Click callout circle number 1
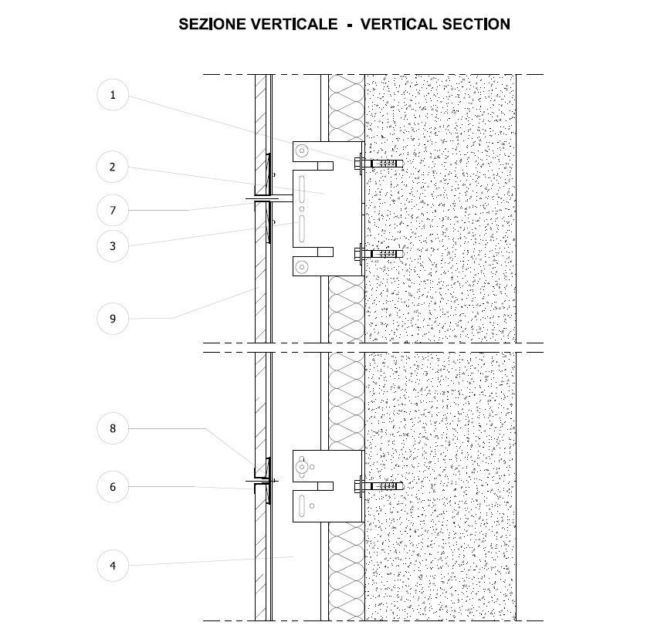113,95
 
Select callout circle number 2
113,167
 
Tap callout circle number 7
113,210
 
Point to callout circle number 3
113,246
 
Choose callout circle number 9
113,318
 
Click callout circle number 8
113,428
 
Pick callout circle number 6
113,486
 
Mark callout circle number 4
113,566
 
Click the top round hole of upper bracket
302,150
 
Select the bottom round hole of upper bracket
302,267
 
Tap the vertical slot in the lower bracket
301,506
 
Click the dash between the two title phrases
349,25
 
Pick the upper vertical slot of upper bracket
303,188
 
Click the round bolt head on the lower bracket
303,466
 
